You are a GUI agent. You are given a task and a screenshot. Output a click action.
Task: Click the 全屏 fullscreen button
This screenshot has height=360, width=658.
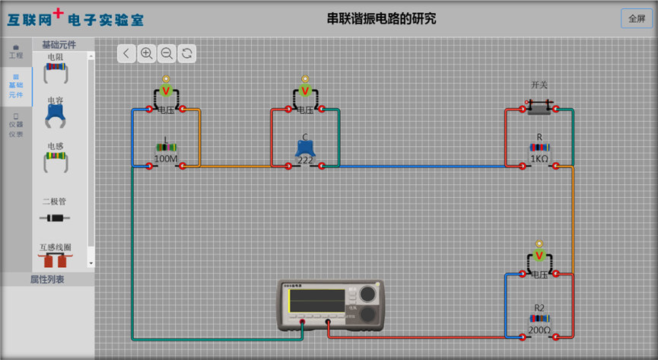tap(637, 18)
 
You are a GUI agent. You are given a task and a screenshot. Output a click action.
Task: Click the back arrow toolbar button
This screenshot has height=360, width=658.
tap(126, 53)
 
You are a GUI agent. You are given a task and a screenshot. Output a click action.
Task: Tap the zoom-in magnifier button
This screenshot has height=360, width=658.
tap(147, 53)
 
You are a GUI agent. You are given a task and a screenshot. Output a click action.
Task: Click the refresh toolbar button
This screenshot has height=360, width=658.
tap(186, 53)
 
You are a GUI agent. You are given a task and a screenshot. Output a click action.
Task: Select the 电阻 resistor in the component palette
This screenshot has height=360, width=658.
tap(56, 72)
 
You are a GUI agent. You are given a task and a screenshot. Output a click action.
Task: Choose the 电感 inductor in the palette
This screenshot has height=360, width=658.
tap(56, 160)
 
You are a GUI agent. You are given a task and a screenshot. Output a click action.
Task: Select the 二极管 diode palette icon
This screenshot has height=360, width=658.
tap(54, 218)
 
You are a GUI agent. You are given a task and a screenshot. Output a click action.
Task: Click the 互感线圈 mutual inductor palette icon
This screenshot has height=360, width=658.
tap(56, 260)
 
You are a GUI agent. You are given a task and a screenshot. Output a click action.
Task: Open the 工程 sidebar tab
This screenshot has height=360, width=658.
tap(16, 52)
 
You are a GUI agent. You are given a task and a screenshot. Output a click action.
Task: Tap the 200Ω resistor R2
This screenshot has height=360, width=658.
tap(539, 319)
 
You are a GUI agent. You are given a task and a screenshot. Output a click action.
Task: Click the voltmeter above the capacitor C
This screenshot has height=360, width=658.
tap(305, 92)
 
